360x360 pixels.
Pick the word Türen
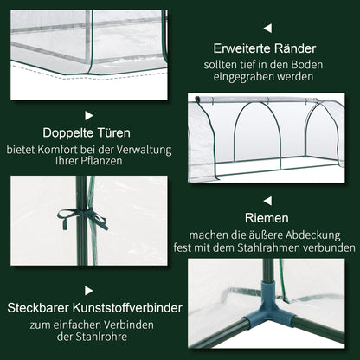pos(113,134)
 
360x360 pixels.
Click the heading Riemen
pos(267,219)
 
